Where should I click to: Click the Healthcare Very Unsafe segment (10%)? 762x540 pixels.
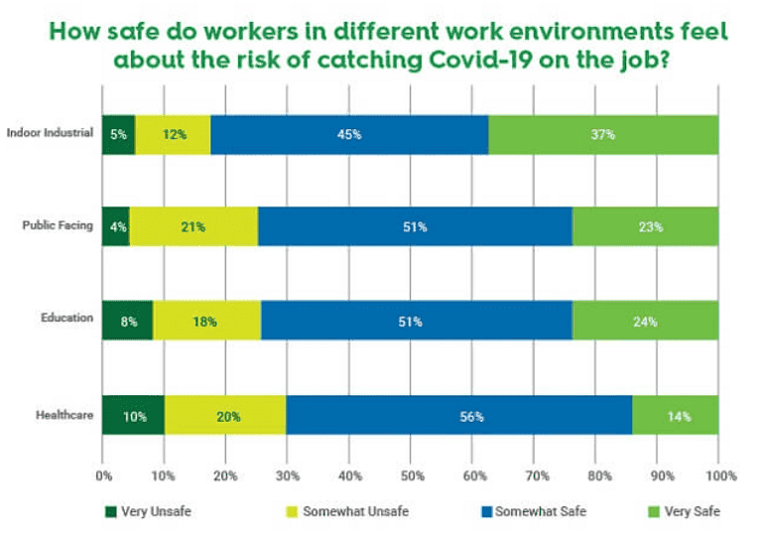pos(133,416)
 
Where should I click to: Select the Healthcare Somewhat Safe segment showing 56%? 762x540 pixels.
pos(458,416)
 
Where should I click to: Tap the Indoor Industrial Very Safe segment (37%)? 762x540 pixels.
pos(603,134)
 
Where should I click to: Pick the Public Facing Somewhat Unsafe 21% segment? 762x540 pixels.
pos(193,226)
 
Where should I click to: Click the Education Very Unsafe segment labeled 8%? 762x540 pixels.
pos(127,321)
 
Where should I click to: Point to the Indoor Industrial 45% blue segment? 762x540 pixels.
pos(349,134)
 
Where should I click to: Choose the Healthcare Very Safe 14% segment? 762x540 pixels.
pos(676,416)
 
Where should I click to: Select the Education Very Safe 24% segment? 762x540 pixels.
pos(645,321)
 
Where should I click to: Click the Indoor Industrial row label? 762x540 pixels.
pos(50,133)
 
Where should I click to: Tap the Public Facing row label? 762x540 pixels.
pos(58,225)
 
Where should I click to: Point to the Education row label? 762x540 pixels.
pos(67,319)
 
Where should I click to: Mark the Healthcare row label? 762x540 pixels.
pos(65,414)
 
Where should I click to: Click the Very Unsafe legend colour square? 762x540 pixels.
pos(111,512)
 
